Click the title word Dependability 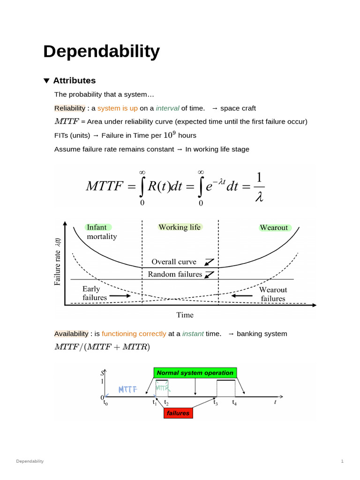(x=101, y=52)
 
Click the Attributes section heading (x=74, y=81)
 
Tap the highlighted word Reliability (x=70, y=108)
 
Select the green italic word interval (x=167, y=108)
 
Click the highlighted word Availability (x=71, y=334)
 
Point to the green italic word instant (x=193, y=334)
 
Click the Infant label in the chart (x=97, y=227)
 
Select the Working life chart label (x=179, y=227)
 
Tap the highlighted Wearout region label (x=274, y=228)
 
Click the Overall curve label (x=174, y=262)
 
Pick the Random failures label (x=175, y=274)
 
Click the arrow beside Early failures (x=121, y=296)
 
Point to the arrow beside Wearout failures (x=242, y=296)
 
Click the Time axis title (x=185, y=315)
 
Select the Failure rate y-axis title (x=58, y=262)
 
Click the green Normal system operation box (x=195, y=373)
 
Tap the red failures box (x=178, y=413)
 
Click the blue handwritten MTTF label (x=127, y=390)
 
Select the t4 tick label (x=234, y=403)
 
